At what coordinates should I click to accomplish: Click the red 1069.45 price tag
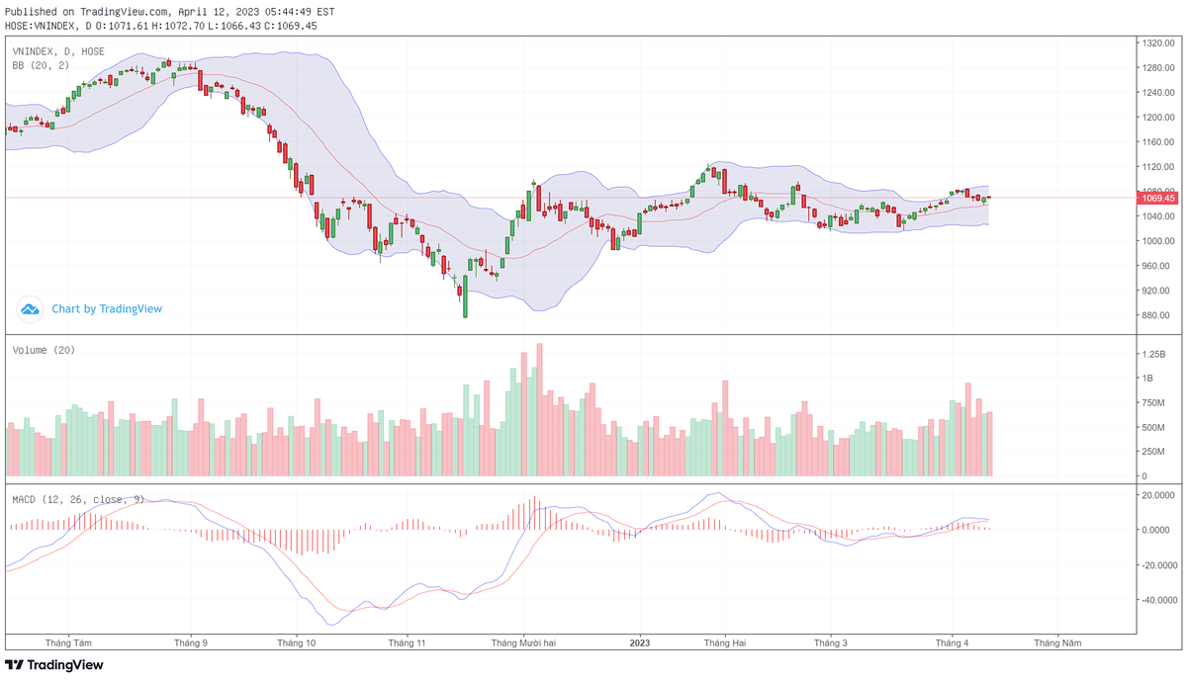[1157, 198]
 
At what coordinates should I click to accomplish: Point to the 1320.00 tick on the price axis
[1156, 43]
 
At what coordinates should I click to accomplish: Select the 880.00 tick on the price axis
[1154, 315]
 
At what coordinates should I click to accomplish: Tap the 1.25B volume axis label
[1153, 353]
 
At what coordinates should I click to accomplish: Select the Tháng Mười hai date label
[523, 642]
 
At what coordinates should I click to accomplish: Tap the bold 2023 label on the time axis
[640, 642]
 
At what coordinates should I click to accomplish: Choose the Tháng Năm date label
[1057, 642]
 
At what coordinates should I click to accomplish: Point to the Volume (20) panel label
[44, 350]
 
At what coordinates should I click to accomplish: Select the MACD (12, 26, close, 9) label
[78, 499]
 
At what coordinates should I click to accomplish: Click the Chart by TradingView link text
[107, 309]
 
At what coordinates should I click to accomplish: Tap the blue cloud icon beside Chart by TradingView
[31, 309]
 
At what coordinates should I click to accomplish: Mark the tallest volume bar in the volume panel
[539, 410]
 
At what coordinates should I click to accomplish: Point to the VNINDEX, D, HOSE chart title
[58, 50]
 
